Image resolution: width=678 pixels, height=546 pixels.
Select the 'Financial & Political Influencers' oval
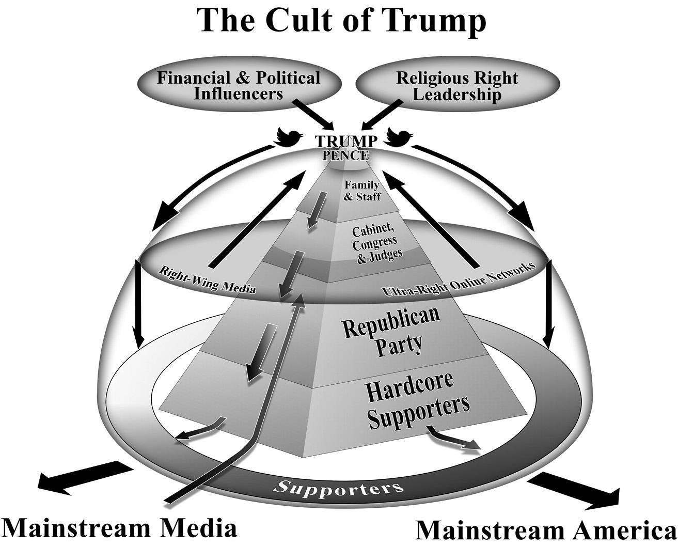239,86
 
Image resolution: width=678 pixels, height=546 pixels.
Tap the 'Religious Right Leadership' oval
457,86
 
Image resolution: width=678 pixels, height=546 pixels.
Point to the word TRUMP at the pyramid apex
346,141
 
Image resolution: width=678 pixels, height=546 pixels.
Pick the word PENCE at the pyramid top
349,154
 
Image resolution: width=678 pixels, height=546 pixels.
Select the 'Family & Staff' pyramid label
362,191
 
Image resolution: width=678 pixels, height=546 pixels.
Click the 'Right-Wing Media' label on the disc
207,279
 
